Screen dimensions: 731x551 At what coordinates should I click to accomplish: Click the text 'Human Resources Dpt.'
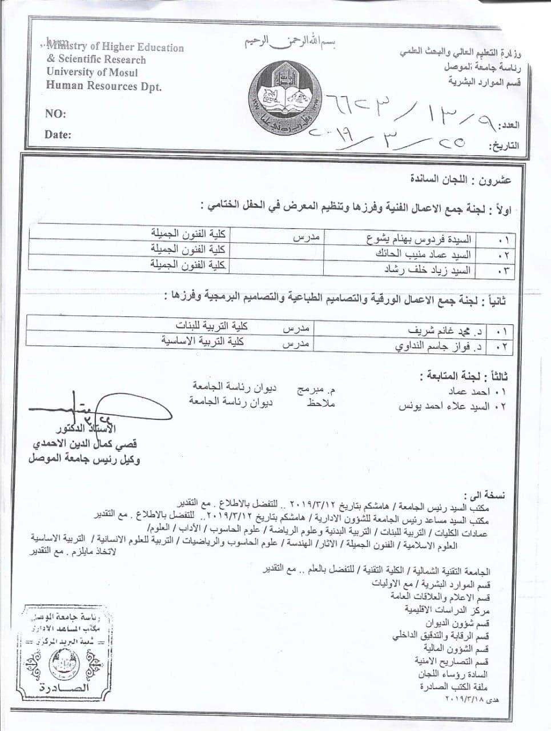pyautogui.click(x=104, y=86)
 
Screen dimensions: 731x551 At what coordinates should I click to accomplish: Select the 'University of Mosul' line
pyautogui.click(x=92, y=73)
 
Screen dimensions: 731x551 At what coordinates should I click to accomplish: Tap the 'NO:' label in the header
pyautogui.click(x=55, y=114)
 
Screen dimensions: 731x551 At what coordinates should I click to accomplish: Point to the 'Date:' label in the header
pyautogui.click(x=58, y=135)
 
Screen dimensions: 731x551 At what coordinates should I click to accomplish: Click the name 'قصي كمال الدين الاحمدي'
pyautogui.click(x=86, y=444)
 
